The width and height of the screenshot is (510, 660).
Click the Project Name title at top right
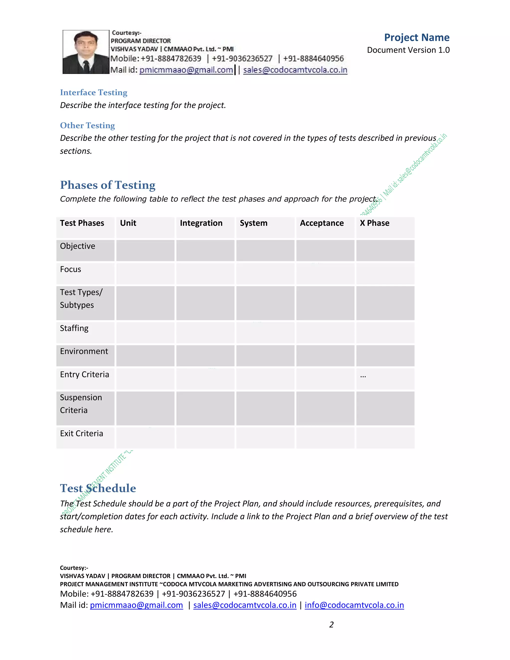pos(416,37)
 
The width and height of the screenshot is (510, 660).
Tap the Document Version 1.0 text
pos(408,50)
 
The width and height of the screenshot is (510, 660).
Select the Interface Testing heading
pos(94,92)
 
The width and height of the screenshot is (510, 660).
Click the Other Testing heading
pos(87,126)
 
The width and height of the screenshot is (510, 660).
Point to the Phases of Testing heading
pos(108,185)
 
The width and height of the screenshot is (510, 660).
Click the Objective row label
pos(77,246)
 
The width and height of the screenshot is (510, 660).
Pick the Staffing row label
pos(74,328)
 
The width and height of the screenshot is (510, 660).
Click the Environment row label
pos(84,351)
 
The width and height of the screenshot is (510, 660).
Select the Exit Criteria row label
pos(81,433)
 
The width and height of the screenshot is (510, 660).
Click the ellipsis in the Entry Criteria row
pos(363,376)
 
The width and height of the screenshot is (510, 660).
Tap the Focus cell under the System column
pos(265,273)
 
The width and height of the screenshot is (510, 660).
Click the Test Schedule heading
pos(98,488)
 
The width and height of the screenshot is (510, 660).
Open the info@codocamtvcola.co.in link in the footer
pos(354,605)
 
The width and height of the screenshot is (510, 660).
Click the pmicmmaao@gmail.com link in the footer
pos(136,605)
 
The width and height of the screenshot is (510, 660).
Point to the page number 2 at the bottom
pos(331,624)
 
